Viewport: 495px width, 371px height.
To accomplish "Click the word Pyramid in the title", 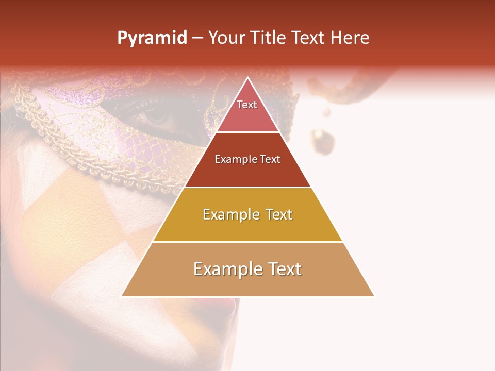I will click(x=152, y=38).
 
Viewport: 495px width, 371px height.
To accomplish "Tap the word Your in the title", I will click(x=225, y=38).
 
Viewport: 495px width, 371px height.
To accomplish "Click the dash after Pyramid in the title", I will click(x=197, y=38).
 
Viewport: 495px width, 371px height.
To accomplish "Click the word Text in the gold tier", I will click(x=278, y=214).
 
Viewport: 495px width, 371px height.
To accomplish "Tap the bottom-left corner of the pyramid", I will click(x=122, y=296).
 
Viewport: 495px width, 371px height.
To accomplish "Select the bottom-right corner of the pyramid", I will click(x=374, y=296).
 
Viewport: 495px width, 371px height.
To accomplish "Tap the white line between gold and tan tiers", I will click(x=247, y=242).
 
